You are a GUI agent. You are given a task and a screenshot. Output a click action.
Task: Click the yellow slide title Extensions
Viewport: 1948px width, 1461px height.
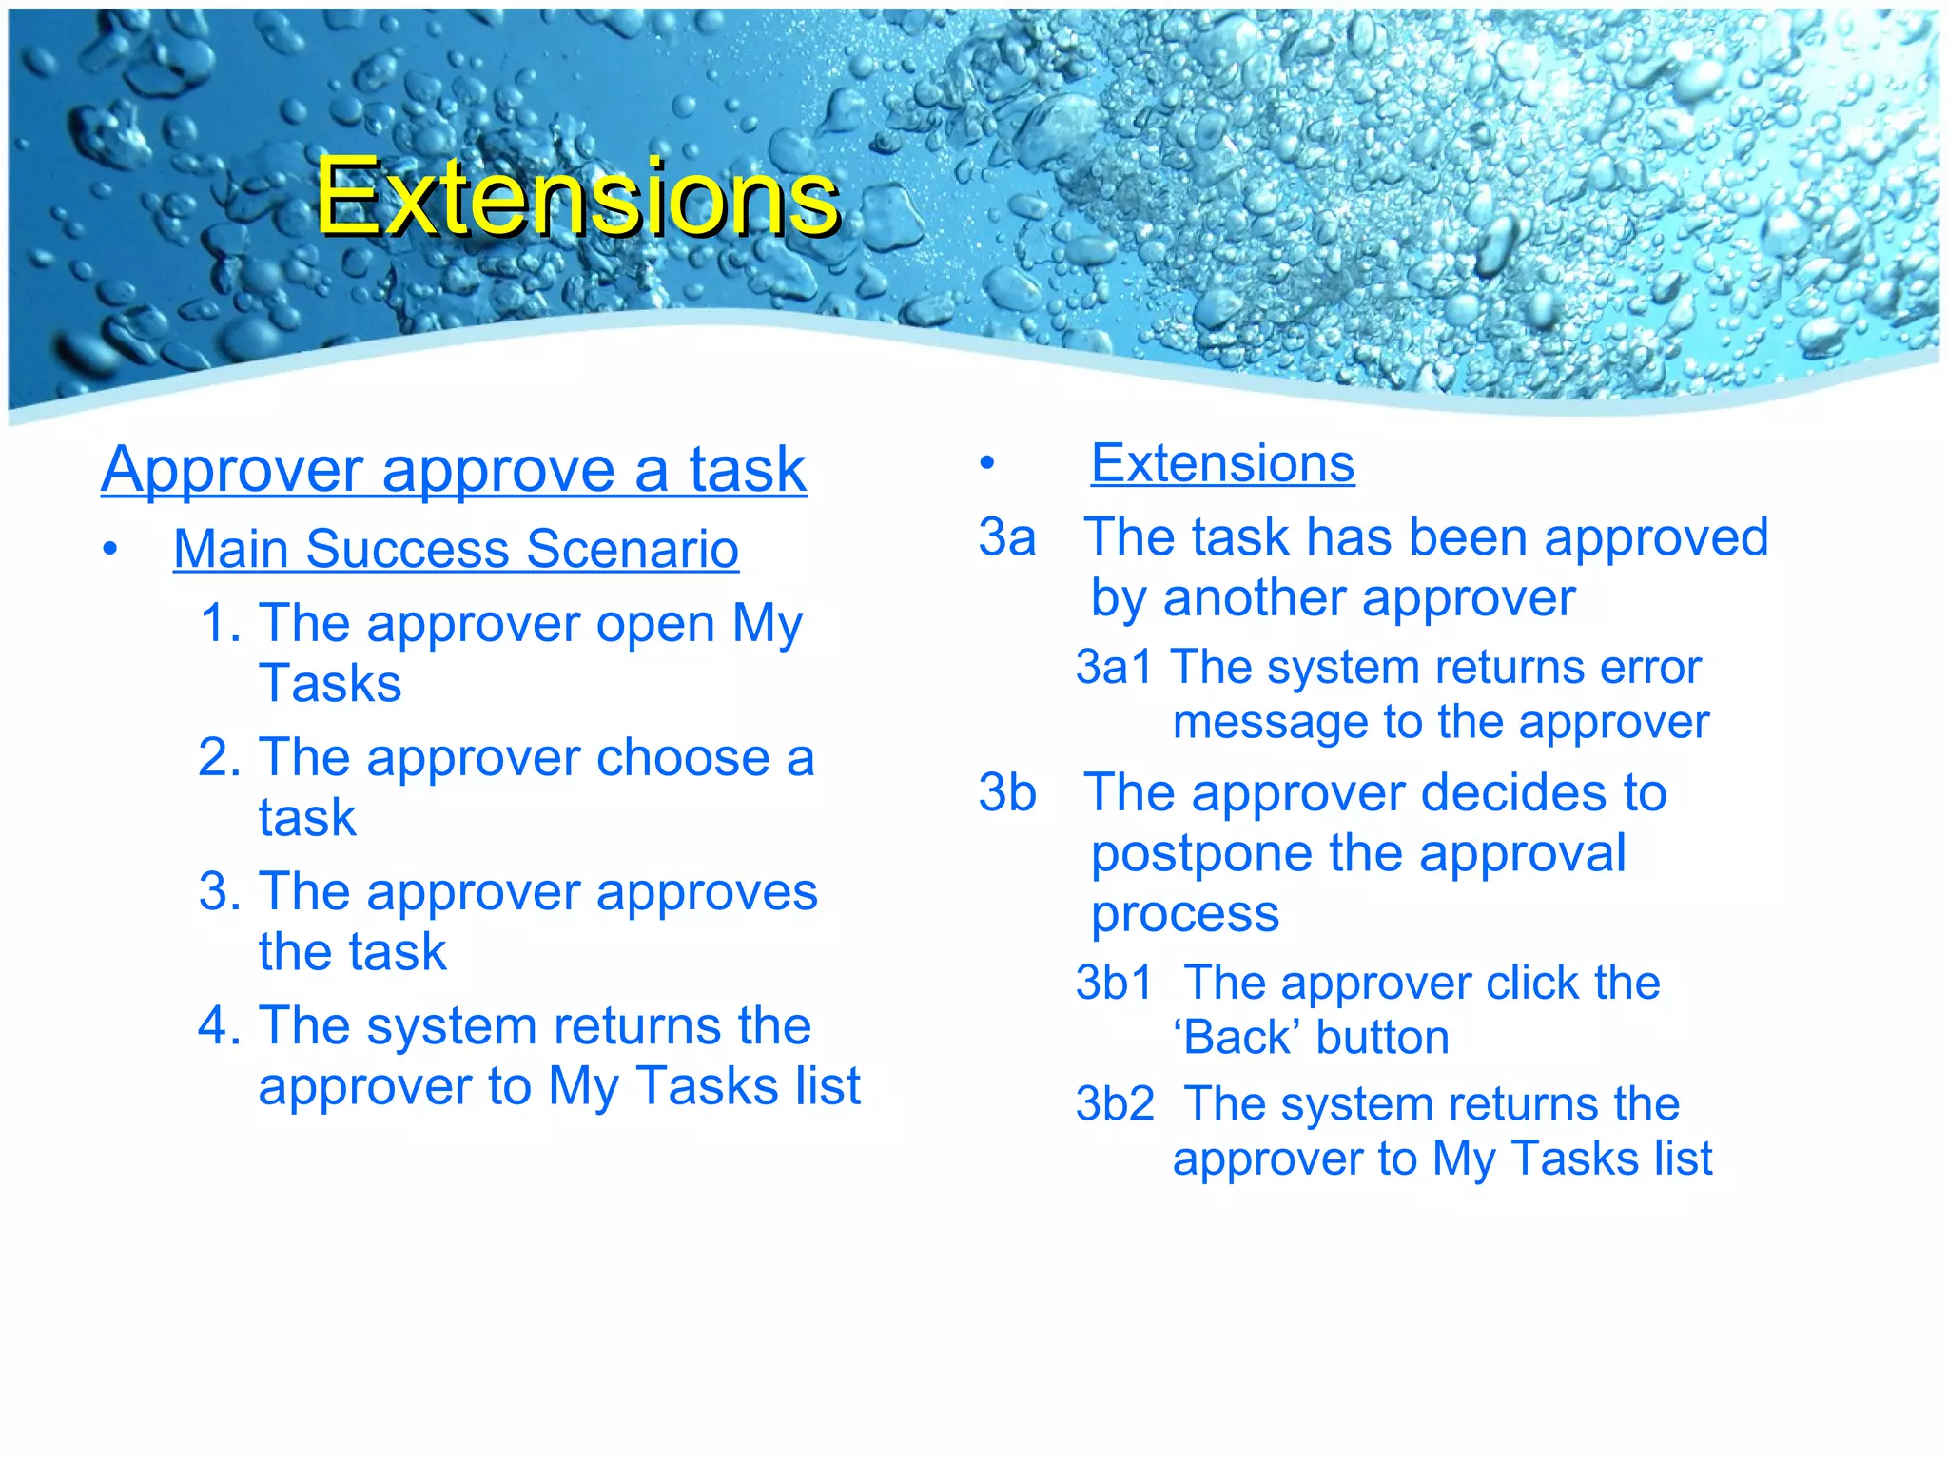coord(577,197)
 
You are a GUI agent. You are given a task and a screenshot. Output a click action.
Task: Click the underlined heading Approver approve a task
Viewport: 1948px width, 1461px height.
coord(454,469)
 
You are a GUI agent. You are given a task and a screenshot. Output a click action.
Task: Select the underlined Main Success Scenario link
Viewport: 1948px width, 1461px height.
coord(456,549)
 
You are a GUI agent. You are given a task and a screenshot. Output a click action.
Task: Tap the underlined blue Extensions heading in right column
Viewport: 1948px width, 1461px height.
coord(1222,463)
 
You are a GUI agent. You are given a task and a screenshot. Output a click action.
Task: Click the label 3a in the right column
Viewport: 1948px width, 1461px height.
coord(1007,537)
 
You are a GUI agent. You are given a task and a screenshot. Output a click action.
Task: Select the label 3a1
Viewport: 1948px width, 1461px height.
coord(1114,667)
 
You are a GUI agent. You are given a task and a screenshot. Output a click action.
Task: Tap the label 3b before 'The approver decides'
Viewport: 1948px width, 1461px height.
coord(1007,792)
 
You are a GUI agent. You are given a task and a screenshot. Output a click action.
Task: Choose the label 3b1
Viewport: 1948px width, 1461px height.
coord(1114,983)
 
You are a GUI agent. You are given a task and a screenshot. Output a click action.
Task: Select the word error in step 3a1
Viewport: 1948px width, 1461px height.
coord(1650,667)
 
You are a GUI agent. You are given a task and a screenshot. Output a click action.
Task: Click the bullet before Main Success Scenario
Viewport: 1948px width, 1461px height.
coord(111,550)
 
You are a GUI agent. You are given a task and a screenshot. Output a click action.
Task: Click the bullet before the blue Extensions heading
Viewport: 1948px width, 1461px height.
coord(987,464)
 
